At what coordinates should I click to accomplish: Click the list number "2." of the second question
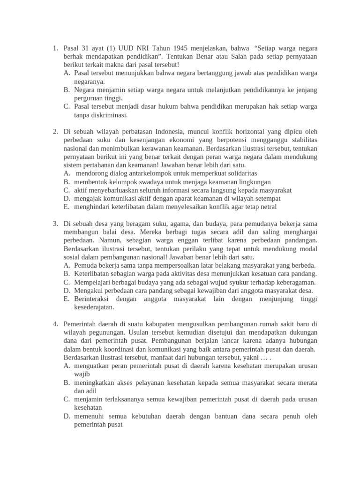pos(55,131)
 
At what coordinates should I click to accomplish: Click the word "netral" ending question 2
pos(267,207)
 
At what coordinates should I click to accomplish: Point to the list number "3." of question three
pos(55,224)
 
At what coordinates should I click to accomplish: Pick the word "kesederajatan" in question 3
pos(95,307)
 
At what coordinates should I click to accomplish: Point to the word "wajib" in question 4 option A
pos(82,374)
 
